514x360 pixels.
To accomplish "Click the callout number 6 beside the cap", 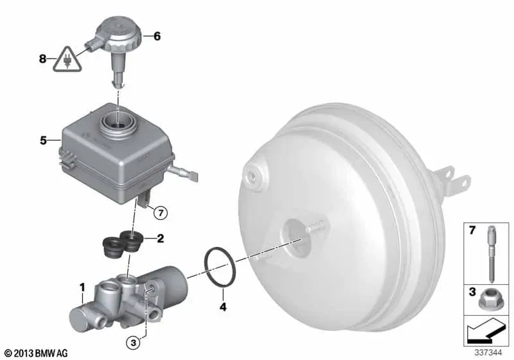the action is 157,36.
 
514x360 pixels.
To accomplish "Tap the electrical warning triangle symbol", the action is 67,59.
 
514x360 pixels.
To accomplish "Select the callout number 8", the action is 42,59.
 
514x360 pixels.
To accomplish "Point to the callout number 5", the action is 43,140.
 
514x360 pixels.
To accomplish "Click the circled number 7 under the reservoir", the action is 161,213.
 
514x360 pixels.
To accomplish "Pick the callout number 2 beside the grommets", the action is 160,239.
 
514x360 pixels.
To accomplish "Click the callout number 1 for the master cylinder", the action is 82,287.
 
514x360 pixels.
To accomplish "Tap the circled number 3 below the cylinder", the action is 133,343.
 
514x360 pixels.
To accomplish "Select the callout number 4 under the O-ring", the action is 223,307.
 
